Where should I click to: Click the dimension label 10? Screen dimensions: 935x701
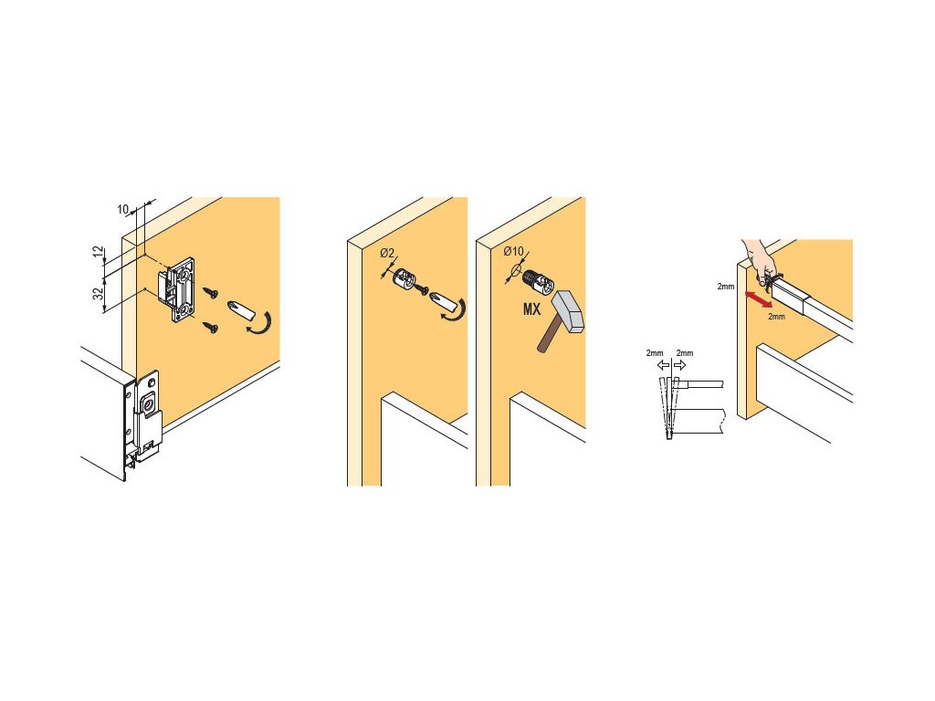[x=123, y=209]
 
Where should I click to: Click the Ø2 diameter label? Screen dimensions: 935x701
[x=387, y=254]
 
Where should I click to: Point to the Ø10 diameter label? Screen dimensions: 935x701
[x=513, y=252]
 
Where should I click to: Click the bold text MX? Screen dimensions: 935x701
[x=531, y=309]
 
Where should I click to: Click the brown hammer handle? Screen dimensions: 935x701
[x=548, y=338]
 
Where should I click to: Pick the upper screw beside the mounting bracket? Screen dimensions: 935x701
[x=210, y=293]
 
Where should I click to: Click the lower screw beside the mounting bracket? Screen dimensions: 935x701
[x=210, y=327]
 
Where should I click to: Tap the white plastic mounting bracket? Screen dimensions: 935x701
[x=178, y=289]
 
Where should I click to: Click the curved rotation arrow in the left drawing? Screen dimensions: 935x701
[x=262, y=324]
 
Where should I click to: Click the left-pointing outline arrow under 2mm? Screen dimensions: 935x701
[x=663, y=365]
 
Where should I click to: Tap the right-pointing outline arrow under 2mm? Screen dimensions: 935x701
[x=679, y=365]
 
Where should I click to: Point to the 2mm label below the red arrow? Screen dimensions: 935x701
[x=776, y=317]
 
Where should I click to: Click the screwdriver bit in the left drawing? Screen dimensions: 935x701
[x=240, y=311]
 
